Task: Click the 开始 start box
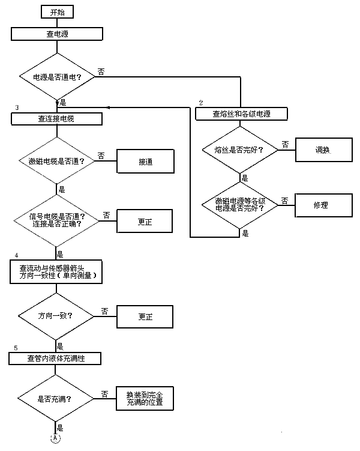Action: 57,11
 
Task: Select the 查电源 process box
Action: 57,34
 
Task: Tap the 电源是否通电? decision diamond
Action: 57,77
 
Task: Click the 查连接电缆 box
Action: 57,119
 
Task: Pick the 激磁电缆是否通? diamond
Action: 57,162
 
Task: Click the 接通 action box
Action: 145,162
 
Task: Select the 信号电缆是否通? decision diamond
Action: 57,220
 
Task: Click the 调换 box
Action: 322,150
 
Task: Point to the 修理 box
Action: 322,205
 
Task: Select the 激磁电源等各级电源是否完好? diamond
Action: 241,205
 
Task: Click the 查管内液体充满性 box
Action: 55,359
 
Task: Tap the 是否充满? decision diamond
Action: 55,398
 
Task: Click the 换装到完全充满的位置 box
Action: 145,397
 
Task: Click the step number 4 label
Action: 16,255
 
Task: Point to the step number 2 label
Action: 201,101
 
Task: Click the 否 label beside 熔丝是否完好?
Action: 284,144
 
